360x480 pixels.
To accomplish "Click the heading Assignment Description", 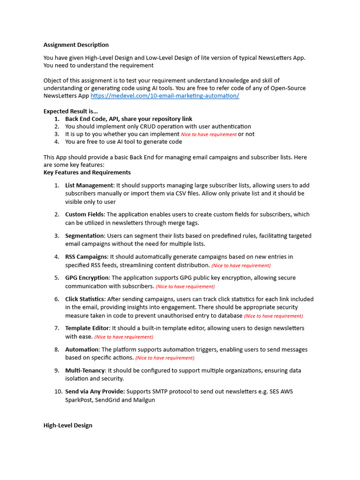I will [76, 45].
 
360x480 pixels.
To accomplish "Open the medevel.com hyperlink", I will [165, 96].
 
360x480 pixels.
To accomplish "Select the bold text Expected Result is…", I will [71, 112].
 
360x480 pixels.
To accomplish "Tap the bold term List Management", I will [89, 185].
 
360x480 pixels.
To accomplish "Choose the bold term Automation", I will [82, 350].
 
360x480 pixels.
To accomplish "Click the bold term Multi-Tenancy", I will [85, 371].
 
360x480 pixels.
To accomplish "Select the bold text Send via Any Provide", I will [95, 391].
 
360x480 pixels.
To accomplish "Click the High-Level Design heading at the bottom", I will [68, 425].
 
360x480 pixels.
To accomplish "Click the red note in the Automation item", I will [165, 358].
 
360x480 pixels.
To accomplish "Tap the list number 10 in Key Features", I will [56, 391].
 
